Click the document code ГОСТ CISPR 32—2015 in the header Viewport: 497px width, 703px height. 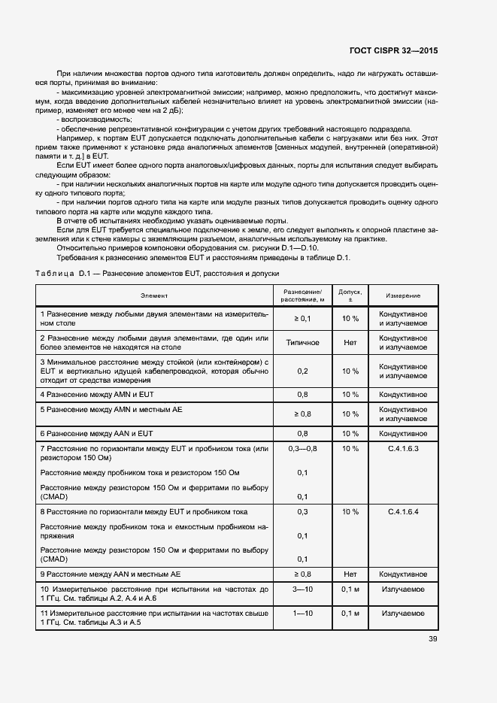tap(394, 51)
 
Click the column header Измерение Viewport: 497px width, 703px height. tap(403, 295)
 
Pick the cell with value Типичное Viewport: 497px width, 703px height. tap(302, 342)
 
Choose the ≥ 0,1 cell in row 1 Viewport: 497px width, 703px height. tap(302, 318)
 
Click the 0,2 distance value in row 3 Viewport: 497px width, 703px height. tap(302, 371)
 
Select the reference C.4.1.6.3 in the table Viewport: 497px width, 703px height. tap(403, 449)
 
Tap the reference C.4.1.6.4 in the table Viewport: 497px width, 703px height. tap(403, 511)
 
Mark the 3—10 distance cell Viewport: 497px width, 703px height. tap(302, 589)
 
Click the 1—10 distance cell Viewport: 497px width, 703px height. tap(302, 614)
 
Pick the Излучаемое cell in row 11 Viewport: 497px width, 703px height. tap(403, 614)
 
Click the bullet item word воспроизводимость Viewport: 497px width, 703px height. tap(97, 120)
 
